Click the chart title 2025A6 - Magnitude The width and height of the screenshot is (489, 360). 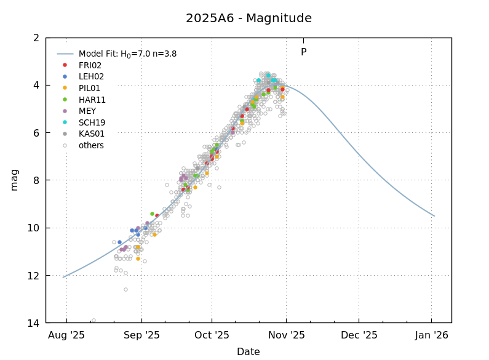coord(248,18)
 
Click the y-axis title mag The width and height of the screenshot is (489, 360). coord(14,180)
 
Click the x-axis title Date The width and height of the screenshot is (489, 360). coord(248,352)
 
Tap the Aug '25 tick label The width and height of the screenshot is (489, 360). coord(66,335)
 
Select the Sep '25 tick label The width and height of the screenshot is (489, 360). coord(141,335)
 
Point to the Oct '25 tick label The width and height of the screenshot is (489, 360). coord(212,335)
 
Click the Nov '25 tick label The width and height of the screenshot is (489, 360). coord(287,335)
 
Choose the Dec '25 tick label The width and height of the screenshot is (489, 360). coord(359,335)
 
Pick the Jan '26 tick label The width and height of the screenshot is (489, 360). coord(431,335)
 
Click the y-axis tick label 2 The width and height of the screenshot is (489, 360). coord(36,38)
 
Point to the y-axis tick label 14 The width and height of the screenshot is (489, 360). coord(34,323)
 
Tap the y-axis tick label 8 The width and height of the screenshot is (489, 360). coord(36,180)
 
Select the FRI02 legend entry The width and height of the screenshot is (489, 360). coord(90,65)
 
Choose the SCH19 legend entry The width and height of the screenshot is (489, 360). coord(92,122)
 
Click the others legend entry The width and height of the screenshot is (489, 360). coord(91,146)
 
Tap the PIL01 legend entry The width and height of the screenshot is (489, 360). coord(90,88)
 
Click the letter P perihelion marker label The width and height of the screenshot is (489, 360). coord(303,53)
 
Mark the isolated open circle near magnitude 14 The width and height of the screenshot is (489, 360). coord(93,321)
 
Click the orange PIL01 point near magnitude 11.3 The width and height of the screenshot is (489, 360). coord(138,259)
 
